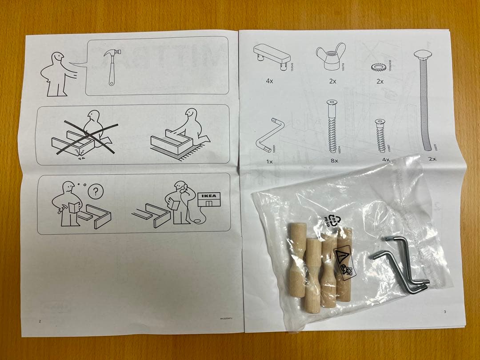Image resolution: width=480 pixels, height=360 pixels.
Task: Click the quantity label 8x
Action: [x=334, y=160]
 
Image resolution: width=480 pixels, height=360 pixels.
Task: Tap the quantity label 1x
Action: [x=269, y=161]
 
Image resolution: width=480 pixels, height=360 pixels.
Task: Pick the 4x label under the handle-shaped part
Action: [x=269, y=82]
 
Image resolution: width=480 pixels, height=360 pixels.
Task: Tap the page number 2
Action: [x=40, y=320]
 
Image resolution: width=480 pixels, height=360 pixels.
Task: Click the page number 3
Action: [x=444, y=312]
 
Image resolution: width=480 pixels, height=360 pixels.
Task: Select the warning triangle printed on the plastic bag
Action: [x=341, y=256]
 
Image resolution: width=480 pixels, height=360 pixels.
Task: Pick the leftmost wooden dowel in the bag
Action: [x=297, y=260]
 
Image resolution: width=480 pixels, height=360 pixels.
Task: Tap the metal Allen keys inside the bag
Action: [x=400, y=267]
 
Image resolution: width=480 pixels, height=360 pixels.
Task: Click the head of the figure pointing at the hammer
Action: [x=57, y=59]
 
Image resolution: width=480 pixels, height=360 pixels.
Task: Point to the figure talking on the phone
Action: [x=180, y=202]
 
